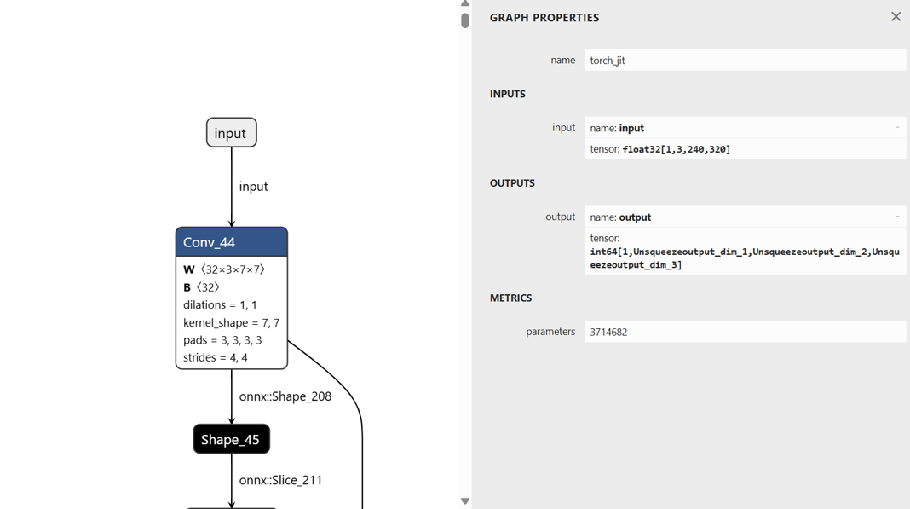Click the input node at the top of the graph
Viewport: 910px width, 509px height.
231,133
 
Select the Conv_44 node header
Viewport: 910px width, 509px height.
231,242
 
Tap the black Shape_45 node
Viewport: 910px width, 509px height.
231,439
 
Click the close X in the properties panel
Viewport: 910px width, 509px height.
896,17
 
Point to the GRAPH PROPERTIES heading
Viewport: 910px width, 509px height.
544,18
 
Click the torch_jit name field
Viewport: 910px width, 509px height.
744,61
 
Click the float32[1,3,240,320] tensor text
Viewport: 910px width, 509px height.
677,149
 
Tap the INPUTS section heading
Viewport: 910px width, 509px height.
507,94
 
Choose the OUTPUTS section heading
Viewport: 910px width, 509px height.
512,183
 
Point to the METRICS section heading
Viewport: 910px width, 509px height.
510,298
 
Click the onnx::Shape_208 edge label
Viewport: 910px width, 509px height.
285,396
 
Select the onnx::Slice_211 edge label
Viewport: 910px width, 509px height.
280,480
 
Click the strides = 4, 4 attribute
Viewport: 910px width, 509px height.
215,357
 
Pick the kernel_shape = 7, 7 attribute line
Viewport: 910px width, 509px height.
231,322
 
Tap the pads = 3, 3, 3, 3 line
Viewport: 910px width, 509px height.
222,340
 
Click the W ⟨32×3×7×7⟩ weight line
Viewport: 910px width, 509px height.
224,269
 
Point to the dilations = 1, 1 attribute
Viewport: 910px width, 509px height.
220,304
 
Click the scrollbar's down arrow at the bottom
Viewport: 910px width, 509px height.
465,501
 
